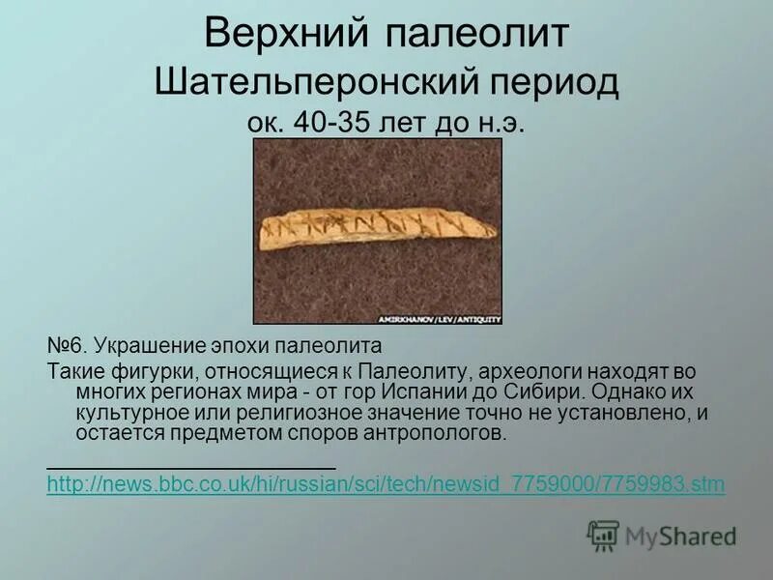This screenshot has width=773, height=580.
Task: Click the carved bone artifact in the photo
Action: pos(377,227)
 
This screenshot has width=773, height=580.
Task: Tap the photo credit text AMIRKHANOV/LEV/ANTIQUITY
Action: pos(456,317)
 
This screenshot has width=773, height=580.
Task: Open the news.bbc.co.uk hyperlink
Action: pos(385,484)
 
